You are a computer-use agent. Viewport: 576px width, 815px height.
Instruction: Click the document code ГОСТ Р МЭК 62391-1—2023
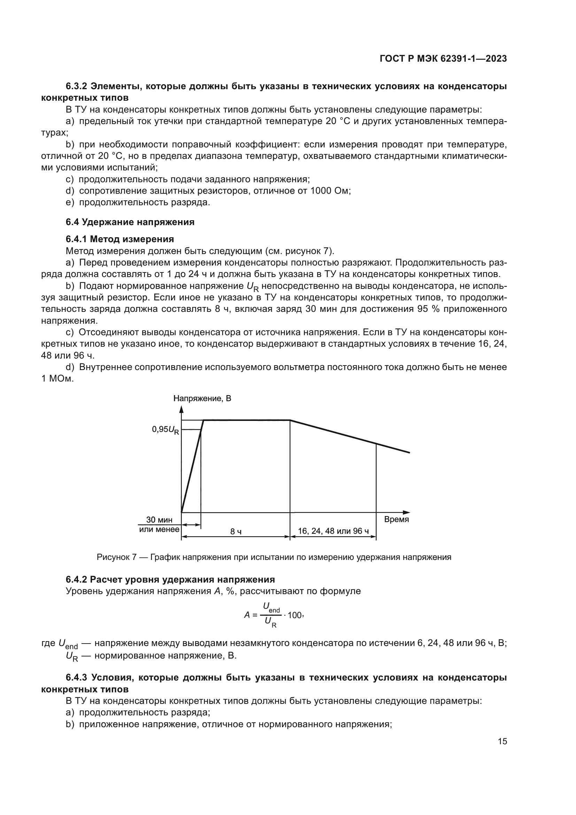443,59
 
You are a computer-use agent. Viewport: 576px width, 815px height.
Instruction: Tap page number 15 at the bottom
502,741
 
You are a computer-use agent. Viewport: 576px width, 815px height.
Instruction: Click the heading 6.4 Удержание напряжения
130,222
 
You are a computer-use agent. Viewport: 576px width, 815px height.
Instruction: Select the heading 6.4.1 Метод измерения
119,239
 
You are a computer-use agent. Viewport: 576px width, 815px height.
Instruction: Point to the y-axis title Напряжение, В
202,398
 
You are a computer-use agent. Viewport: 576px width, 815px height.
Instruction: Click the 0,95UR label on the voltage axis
166,430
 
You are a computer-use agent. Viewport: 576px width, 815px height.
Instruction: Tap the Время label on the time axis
397,519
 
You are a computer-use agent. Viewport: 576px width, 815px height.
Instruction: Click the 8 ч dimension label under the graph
236,531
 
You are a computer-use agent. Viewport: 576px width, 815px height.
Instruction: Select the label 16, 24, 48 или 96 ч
333,531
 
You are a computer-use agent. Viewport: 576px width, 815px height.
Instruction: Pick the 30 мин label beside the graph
159,520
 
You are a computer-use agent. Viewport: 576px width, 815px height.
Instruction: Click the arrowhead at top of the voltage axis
181,409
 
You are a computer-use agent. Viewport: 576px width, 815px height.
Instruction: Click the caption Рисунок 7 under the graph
117,557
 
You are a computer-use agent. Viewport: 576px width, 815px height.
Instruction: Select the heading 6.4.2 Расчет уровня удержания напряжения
170,580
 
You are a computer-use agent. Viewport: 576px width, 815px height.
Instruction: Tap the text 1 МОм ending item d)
57,379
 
